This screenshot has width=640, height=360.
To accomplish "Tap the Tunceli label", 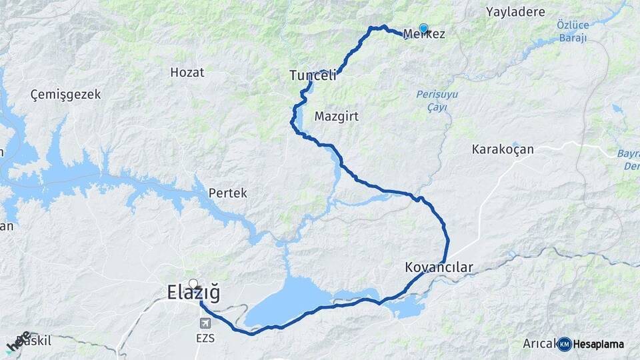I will [313, 77].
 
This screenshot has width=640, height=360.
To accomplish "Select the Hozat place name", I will [187, 73].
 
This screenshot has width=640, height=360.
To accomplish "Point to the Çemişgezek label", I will [66, 95].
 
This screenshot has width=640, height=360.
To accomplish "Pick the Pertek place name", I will [228, 193].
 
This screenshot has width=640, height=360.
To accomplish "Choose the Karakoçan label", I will [503, 149].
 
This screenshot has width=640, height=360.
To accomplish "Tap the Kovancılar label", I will [439, 267].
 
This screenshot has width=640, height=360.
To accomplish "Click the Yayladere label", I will [515, 12].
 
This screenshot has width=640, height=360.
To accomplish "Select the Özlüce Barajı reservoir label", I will [572, 31].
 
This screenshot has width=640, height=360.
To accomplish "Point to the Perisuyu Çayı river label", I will [437, 101].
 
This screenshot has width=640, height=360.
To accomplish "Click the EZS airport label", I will [205, 338].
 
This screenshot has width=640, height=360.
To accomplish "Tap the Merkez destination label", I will [424, 34].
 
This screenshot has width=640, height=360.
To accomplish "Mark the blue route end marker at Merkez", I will [423, 28].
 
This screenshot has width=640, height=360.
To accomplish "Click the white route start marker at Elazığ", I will [193, 283].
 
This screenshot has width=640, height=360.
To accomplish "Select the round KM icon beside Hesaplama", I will [565, 344].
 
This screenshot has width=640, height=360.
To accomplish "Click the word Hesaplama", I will [599, 344].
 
